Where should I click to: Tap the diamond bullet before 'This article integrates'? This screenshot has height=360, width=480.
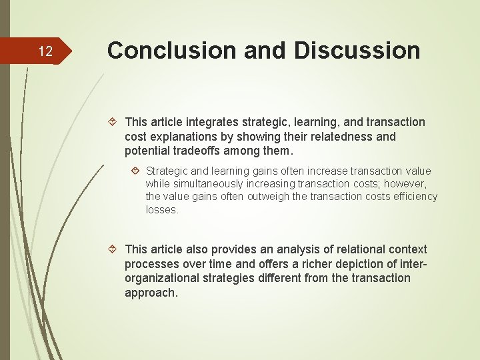pos(113,122)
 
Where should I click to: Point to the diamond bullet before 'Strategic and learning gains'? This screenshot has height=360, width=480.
pos(135,171)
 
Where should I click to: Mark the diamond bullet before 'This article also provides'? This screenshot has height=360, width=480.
pos(113,249)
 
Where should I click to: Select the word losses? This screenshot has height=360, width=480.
pos(162,209)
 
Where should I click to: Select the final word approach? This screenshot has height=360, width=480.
pos(151,293)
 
